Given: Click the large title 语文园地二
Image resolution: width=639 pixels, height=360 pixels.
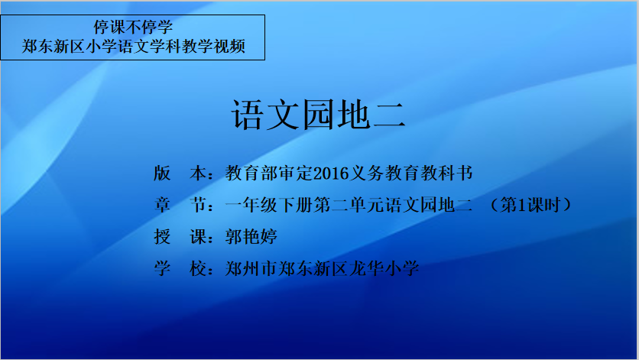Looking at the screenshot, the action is click(x=318, y=115).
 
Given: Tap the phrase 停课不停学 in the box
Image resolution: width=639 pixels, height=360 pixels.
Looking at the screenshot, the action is click(x=133, y=28).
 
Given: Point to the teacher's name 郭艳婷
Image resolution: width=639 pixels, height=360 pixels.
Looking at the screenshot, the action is click(x=251, y=236).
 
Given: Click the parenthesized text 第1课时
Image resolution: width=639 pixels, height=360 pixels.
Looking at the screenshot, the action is click(x=530, y=205).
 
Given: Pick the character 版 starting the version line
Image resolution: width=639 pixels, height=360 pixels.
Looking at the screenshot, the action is click(x=162, y=174).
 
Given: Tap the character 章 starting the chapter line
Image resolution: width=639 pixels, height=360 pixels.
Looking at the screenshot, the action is click(x=162, y=205).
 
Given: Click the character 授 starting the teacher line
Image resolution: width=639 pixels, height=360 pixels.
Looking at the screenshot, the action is click(x=162, y=236).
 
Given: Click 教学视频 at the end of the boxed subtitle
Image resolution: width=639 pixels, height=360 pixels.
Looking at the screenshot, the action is click(x=213, y=46).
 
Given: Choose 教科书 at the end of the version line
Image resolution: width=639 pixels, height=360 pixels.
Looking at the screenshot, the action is click(x=446, y=174).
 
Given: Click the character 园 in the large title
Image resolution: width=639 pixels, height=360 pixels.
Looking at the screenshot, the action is click(x=319, y=115).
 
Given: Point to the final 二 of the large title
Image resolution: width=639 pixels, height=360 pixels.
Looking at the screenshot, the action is click(x=389, y=115).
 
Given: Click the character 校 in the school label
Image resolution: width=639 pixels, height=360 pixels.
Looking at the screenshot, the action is click(x=198, y=268).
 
